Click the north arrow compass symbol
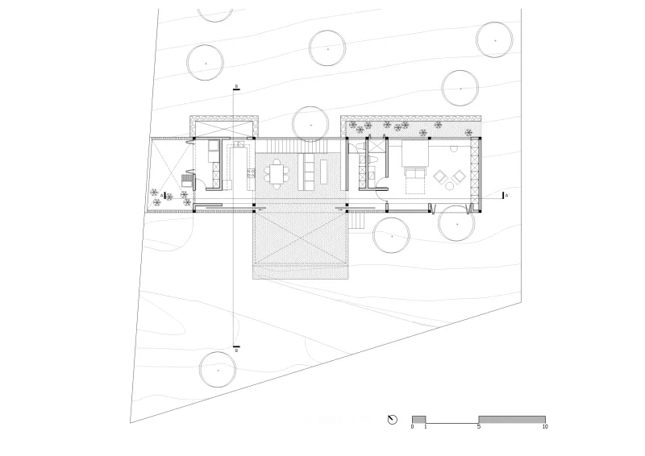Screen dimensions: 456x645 tap(392, 420)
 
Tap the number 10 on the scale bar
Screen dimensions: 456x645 tap(545, 427)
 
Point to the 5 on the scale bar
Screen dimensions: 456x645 tap(479, 427)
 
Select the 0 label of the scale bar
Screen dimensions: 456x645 tap(412, 427)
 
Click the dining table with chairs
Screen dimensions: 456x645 tap(277, 173)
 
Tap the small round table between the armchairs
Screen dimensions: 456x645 tap(450, 186)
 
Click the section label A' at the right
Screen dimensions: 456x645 tap(506, 195)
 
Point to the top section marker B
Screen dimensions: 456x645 tap(236, 86)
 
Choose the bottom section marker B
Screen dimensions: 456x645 tap(236, 350)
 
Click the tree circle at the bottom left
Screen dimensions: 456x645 tap(218, 370)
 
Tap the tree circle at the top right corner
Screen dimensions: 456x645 tap(494, 39)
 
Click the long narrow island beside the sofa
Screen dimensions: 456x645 tap(324, 172)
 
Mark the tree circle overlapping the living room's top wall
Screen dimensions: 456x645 tap(310, 124)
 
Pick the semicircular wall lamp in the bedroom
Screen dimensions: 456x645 tap(454, 149)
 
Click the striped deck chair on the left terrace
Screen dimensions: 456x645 tap(187, 180)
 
